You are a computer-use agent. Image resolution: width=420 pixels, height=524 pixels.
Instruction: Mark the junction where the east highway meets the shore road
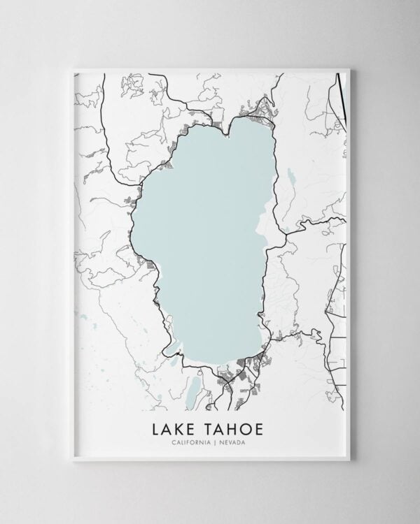[x=284, y=231]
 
